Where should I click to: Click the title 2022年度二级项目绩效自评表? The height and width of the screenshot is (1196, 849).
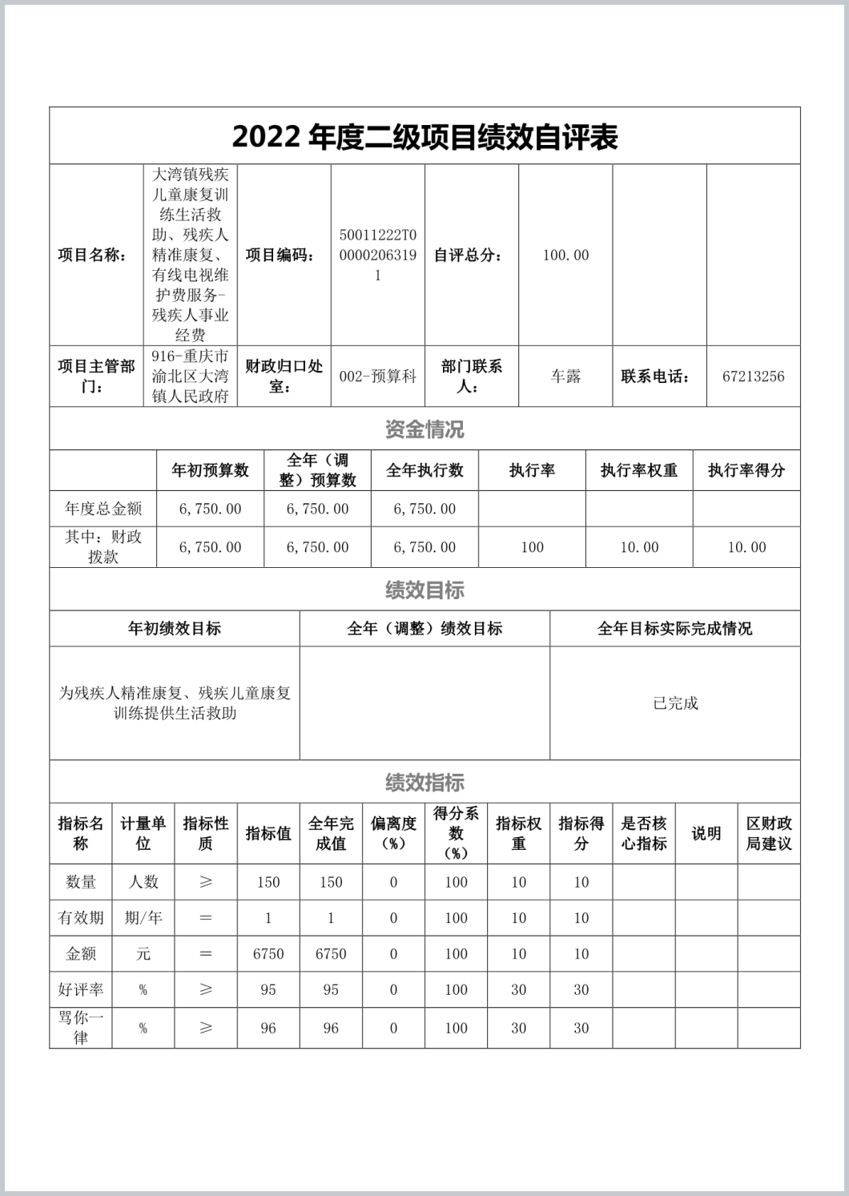point(424,137)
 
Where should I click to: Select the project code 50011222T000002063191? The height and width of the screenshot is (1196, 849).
point(378,255)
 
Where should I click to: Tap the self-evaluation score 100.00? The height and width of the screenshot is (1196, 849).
point(565,255)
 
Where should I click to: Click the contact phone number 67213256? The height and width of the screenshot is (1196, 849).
point(753,377)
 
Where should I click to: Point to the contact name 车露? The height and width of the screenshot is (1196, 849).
point(565,377)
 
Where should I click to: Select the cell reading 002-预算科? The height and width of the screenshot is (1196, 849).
point(378,377)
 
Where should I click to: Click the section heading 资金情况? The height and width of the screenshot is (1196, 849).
point(424,429)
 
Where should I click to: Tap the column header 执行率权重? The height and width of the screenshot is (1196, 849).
point(639,470)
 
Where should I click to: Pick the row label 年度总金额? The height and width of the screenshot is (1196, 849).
point(103,509)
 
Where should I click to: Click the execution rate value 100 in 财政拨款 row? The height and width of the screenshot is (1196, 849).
point(532,547)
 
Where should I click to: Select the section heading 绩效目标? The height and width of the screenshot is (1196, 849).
point(424,590)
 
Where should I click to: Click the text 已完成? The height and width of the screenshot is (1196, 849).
point(675,703)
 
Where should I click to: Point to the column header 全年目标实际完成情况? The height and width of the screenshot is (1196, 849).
point(675,629)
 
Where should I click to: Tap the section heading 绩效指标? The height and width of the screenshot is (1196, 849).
point(424,783)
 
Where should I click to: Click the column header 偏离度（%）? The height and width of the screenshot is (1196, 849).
point(393,833)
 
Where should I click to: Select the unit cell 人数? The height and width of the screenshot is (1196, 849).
point(143,882)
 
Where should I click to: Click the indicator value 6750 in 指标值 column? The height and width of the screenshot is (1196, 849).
point(268,953)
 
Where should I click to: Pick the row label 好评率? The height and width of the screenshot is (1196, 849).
point(81,989)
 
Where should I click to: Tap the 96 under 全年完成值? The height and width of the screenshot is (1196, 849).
point(331,1028)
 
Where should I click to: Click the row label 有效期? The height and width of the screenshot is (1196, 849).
point(81,918)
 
